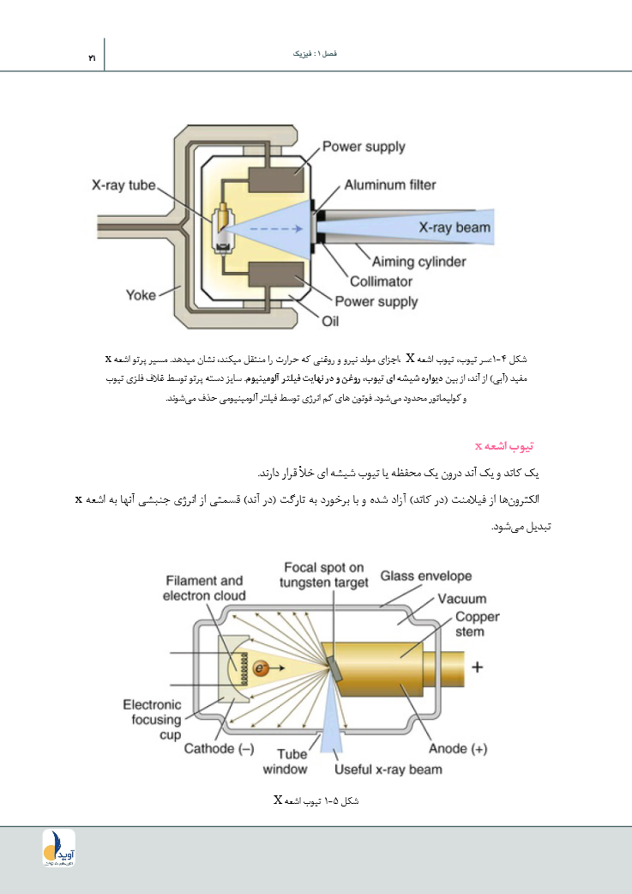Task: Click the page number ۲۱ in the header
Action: (x=91, y=57)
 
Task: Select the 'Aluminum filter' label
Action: (x=390, y=184)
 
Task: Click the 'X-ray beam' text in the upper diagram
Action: (x=454, y=227)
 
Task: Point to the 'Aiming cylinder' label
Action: (x=419, y=262)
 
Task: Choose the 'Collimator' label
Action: (x=381, y=281)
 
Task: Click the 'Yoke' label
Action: (x=141, y=295)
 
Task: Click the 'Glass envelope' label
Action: (x=426, y=577)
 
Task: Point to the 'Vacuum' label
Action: (x=462, y=599)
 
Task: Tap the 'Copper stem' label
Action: (x=477, y=624)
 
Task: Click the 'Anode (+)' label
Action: (x=458, y=748)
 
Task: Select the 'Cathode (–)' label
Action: (x=220, y=748)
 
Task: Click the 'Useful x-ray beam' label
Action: (x=388, y=770)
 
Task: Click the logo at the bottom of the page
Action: (x=59, y=847)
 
